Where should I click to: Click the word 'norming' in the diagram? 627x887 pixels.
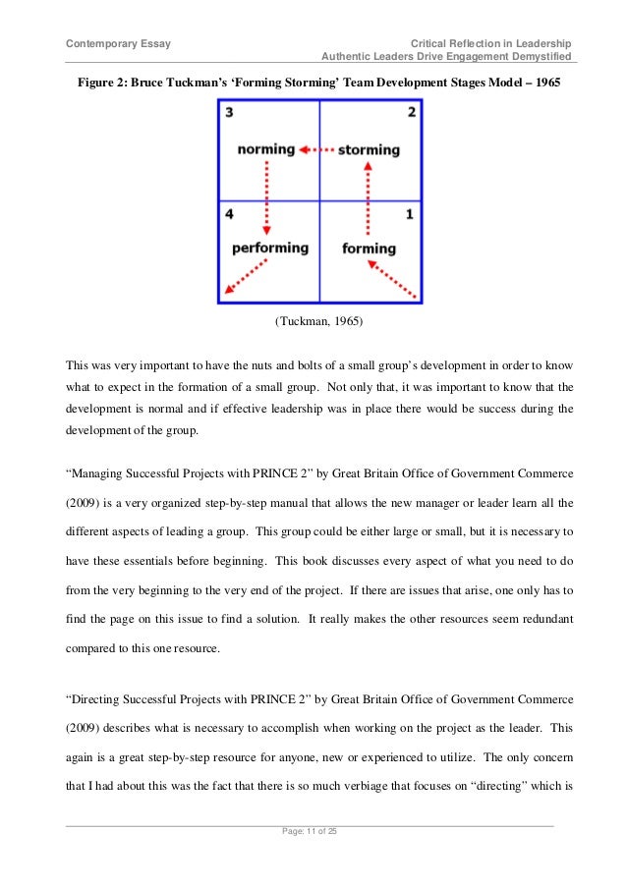point(265,149)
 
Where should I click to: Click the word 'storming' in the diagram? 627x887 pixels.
point(369,150)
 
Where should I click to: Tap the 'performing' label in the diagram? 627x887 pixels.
point(269,248)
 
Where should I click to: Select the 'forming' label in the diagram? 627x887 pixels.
point(369,249)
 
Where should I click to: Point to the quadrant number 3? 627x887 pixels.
point(229,113)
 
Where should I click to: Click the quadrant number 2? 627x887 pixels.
point(411,113)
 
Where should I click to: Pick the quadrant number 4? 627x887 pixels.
point(229,213)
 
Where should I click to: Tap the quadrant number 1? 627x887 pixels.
point(411,213)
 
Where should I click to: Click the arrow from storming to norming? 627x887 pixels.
point(315,150)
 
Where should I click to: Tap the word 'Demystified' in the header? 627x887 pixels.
point(540,57)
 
